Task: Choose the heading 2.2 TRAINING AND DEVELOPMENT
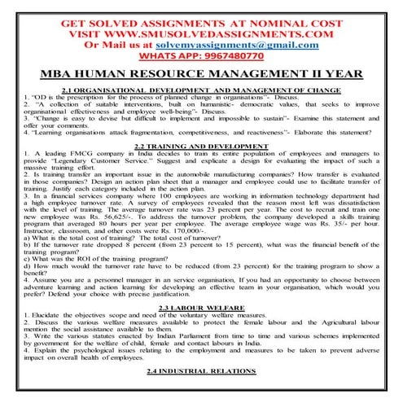tap(201, 145)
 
